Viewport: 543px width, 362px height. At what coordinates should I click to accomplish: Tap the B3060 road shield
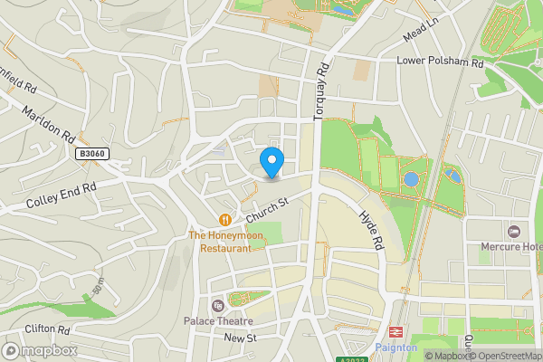pos(92,155)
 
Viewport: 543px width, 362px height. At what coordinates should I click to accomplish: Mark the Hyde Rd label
pos(372,226)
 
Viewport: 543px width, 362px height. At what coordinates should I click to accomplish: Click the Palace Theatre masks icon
pos(217,305)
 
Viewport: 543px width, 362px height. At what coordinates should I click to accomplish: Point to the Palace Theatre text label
pos(217,321)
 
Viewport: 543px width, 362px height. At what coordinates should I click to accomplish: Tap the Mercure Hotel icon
pos(515,232)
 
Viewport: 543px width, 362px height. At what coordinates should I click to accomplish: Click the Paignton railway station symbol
pos(395,332)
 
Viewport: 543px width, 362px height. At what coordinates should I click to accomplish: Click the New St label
pos(240,338)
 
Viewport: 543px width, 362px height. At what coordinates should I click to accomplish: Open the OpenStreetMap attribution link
pos(504,355)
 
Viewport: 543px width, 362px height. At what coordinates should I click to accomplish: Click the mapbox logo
pos(40,350)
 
